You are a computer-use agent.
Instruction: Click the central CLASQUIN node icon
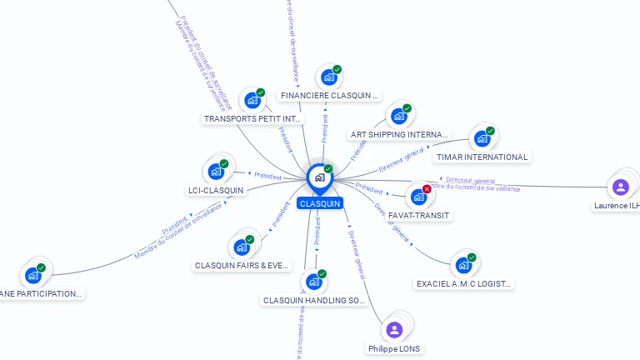(x=319, y=177)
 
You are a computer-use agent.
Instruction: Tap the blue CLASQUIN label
(x=319, y=203)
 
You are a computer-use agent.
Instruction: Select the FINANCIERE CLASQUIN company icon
(x=328, y=77)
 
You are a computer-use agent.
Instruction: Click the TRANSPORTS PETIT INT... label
(x=253, y=119)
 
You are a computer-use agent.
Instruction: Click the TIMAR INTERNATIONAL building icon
(x=480, y=139)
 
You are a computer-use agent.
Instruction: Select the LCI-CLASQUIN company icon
(x=216, y=172)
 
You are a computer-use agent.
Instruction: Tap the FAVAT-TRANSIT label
(x=419, y=215)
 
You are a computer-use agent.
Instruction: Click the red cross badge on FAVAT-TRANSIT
(x=427, y=189)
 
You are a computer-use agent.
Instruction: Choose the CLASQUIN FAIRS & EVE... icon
(x=242, y=247)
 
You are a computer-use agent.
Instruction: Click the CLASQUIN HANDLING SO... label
(x=315, y=300)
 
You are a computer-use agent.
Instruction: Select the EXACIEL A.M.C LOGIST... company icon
(x=463, y=266)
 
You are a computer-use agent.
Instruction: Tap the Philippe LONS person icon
(x=395, y=329)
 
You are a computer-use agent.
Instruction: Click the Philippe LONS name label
(x=395, y=348)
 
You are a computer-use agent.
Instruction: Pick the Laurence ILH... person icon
(x=620, y=187)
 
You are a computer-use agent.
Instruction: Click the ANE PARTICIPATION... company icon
(x=33, y=275)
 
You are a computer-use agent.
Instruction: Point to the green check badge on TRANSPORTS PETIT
(x=260, y=92)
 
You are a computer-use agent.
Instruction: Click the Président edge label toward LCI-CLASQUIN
(x=267, y=176)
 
